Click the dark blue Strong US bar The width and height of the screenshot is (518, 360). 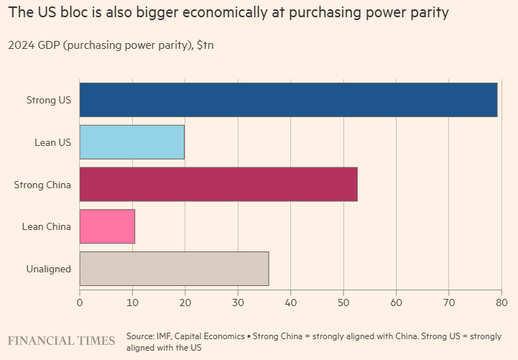pos(288,100)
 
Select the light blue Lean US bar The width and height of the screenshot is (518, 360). pos(131,142)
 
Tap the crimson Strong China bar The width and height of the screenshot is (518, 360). pos(218,185)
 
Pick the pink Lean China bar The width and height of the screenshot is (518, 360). pos(107,226)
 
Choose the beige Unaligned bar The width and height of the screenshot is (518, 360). pos(174,269)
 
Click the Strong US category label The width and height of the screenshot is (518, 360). pos(48,100)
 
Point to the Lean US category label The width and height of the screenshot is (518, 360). pos(52,142)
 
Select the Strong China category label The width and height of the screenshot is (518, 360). pos(42,185)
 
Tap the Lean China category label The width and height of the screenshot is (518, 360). pos(47,226)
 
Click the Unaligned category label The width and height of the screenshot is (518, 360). pos(48,269)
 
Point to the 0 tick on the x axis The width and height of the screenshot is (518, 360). pos(80,303)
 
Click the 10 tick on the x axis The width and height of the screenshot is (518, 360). pos(132,303)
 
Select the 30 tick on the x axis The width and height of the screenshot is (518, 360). pos(238,303)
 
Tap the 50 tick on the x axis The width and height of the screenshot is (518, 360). pos(343,303)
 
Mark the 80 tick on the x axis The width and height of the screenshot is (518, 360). pos(501,303)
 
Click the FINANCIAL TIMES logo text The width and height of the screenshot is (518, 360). pos(61,340)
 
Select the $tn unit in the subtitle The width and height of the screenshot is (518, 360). pos(205,45)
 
